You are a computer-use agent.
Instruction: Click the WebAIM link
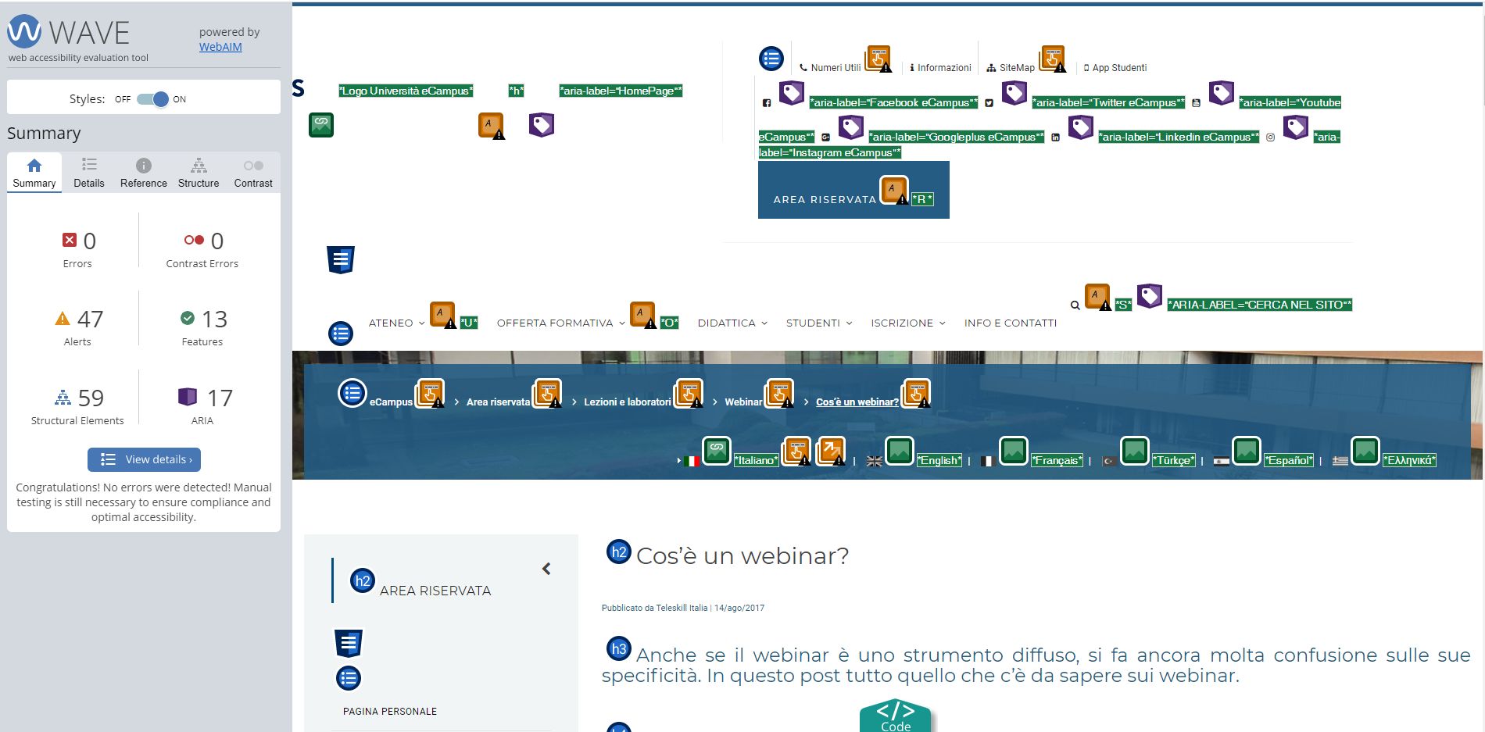click(x=220, y=47)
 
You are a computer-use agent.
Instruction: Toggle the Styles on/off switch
click(x=152, y=99)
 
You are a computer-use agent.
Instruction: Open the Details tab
click(x=89, y=173)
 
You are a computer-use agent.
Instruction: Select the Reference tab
click(x=144, y=173)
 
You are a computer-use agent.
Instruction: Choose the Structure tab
click(x=199, y=173)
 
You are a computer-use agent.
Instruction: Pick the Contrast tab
click(x=253, y=173)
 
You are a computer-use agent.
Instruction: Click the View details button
click(x=144, y=459)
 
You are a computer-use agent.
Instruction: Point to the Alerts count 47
click(x=90, y=319)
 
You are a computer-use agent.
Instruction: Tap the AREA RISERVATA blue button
click(x=853, y=190)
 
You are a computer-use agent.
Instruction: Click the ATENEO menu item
click(x=391, y=323)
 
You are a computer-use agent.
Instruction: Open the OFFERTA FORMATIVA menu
click(x=555, y=323)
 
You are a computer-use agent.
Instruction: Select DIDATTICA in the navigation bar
click(x=727, y=323)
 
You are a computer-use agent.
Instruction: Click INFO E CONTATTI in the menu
click(x=1011, y=323)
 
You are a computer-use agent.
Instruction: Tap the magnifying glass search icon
click(x=1075, y=305)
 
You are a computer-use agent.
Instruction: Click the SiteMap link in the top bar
click(x=1017, y=68)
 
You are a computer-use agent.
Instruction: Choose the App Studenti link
click(x=1119, y=68)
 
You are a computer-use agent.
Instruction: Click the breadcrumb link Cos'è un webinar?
click(x=857, y=402)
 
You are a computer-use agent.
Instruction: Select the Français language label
click(x=1057, y=460)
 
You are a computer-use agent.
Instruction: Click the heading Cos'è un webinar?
click(x=742, y=555)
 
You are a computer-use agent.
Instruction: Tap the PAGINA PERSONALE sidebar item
click(x=390, y=712)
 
